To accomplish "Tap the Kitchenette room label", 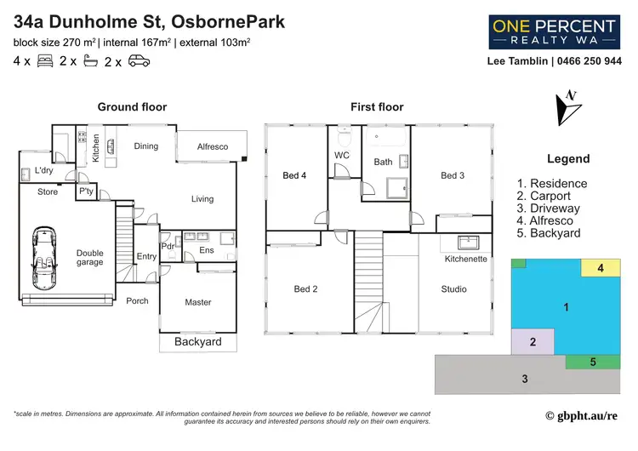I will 464,259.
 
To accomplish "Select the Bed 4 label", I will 294,175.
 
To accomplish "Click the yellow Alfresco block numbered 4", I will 600,268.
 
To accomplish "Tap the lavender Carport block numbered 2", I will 533,342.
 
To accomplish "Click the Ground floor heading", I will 132,107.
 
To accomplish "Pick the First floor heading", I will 377,107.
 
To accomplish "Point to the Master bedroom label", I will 198,302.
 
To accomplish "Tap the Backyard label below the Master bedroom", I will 197,342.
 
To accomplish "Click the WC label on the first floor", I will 342,156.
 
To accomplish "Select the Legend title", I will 568,159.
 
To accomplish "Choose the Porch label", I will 137,300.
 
